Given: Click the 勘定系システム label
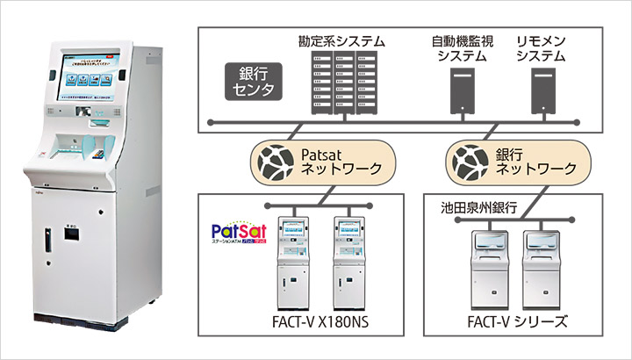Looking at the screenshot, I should point(341,41).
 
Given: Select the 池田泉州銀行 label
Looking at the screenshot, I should point(478,211).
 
